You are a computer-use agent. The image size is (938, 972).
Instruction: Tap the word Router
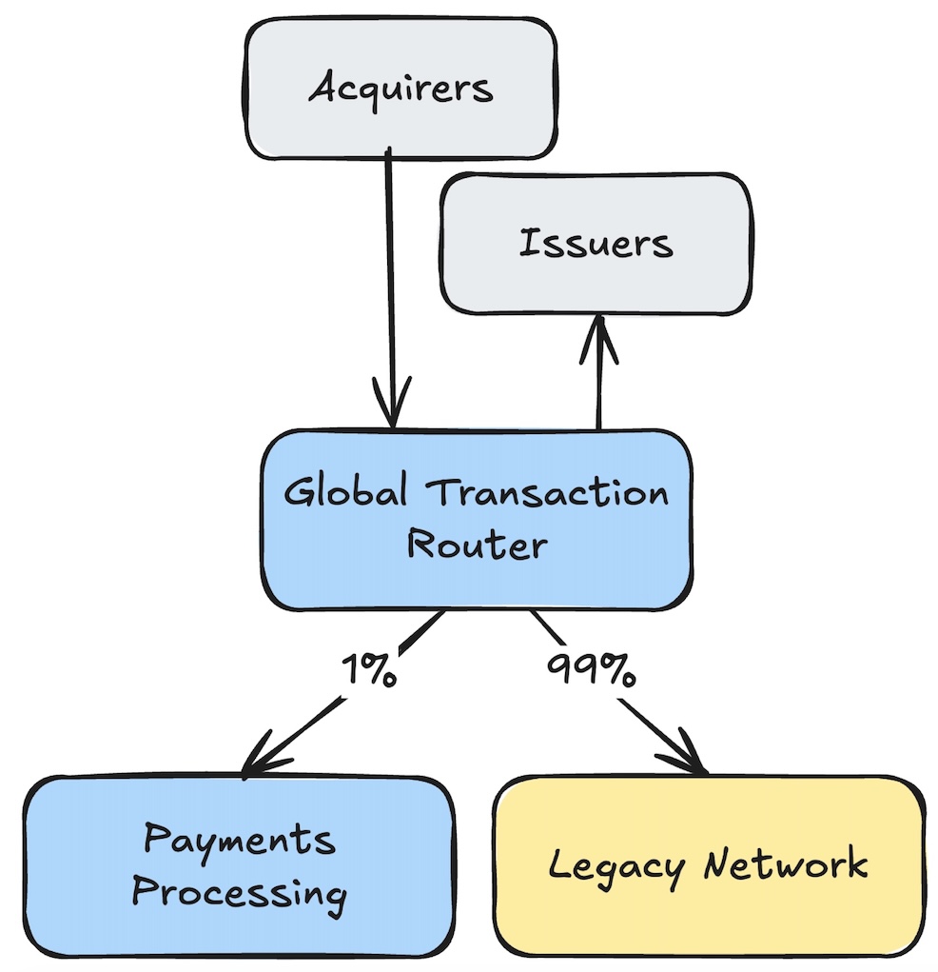pyautogui.click(x=477, y=545)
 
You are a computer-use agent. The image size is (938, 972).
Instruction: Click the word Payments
pyautogui.click(x=239, y=840)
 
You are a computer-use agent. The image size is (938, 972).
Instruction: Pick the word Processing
pyautogui.click(x=239, y=894)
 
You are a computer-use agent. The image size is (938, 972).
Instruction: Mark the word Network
pyautogui.click(x=786, y=864)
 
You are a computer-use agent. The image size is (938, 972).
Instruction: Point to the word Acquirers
pyautogui.click(x=401, y=89)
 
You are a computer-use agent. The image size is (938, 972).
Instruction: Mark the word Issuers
pyautogui.click(x=596, y=244)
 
